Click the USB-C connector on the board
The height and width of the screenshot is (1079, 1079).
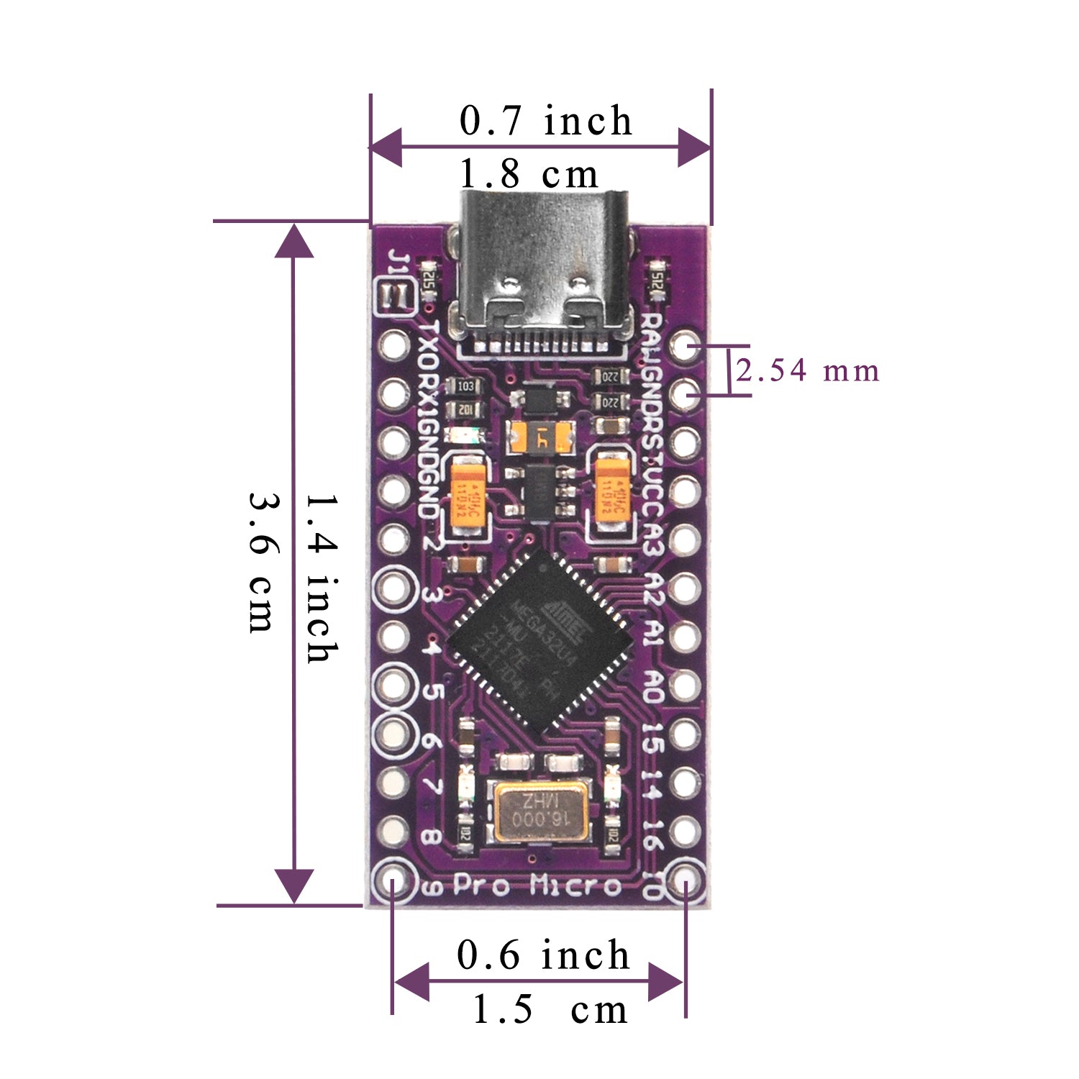543,273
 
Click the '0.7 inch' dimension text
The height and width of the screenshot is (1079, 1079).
545,120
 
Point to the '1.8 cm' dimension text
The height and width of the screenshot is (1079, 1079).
529,174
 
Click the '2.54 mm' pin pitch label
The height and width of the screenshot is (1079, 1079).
807,371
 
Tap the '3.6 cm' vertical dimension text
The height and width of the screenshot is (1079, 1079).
261,562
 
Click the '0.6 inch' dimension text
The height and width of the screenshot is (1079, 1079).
543,955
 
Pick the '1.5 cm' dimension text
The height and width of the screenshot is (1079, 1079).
550,1009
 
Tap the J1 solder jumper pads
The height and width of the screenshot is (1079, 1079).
394,295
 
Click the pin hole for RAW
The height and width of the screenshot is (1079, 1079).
685,346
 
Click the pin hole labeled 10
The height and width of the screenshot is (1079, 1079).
685,882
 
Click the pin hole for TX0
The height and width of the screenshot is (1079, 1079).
393,346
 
